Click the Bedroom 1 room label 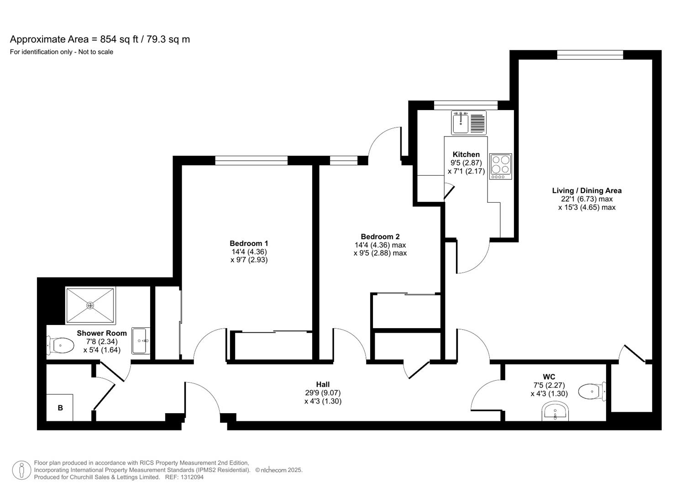click(249, 243)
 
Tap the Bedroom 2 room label click(380, 236)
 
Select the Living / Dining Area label click(587, 190)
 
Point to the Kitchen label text click(466, 154)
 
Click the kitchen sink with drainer click(469, 123)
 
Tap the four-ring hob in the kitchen click(500, 166)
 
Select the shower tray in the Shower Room click(90, 305)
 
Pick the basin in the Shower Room click(140, 341)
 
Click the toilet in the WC click(592, 391)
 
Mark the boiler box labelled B click(60, 408)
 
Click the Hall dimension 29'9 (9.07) click(323, 393)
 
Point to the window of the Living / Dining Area click(590, 55)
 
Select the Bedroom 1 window click(251, 160)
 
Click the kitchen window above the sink click(466, 105)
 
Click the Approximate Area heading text click(100, 39)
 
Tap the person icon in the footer click(21, 470)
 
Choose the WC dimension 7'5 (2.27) click(549, 385)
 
